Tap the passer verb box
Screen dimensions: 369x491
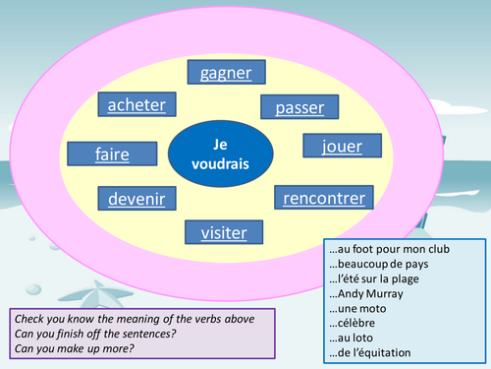coord(299,107)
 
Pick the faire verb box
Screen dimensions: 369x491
coord(97,154)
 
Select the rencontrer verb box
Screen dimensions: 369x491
coord(323,199)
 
